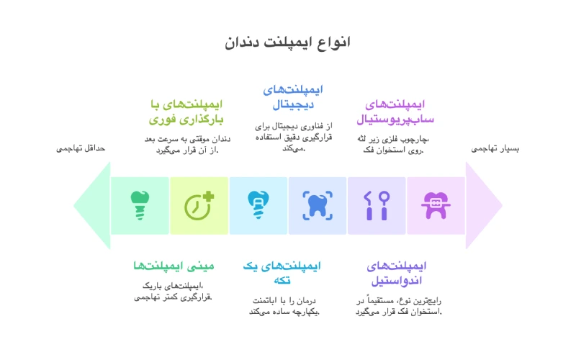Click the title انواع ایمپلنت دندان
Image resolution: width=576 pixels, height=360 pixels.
click(288, 42)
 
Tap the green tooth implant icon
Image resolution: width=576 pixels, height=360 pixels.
click(140, 205)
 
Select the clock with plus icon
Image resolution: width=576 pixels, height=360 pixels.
click(199, 205)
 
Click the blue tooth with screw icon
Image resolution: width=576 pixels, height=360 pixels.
click(258, 205)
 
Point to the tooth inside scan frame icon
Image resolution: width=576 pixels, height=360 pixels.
click(318, 205)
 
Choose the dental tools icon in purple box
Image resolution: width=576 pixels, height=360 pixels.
click(377, 205)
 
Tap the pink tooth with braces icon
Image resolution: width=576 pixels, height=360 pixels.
click(436, 205)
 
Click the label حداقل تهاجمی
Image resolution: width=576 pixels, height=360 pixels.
click(81, 148)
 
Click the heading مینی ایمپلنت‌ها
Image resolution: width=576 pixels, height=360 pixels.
click(174, 266)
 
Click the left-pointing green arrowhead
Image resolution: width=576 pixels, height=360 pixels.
click(92, 205)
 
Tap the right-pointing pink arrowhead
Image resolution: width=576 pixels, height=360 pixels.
click(483, 205)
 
